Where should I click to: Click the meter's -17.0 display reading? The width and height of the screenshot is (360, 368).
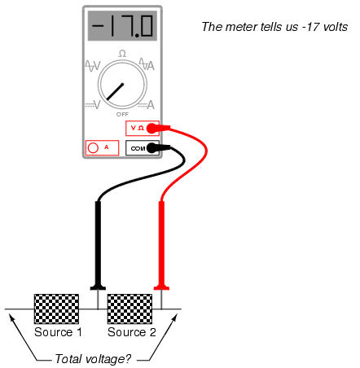(x=122, y=26)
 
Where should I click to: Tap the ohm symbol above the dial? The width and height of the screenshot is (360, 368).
(x=122, y=54)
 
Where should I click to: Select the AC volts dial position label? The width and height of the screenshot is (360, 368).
(x=93, y=65)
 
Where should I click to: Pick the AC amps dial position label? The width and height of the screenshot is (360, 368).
(x=147, y=64)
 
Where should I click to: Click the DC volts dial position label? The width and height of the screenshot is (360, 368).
(x=93, y=104)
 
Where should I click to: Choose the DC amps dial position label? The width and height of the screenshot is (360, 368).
(x=147, y=105)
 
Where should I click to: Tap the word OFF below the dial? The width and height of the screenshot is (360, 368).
(x=122, y=115)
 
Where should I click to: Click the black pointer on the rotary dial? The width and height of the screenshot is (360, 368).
(x=115, y=92)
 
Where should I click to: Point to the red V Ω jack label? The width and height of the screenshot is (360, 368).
(x=138, y=128)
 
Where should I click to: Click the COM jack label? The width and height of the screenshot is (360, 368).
(x=138, y=148)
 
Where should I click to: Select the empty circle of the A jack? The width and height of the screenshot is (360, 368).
(x=93, y=148)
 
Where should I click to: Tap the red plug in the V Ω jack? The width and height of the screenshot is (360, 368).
(x=158, y=128)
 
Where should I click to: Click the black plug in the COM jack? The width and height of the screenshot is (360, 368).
(x=158, y=148)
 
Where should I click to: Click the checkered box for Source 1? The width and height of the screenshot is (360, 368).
(x=56, y=309)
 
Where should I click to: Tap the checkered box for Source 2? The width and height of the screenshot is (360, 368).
(x=130, y=309)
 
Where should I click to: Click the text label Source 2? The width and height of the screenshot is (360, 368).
(x=132, y=332)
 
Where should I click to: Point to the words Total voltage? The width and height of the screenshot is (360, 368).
(x=93, y=359)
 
